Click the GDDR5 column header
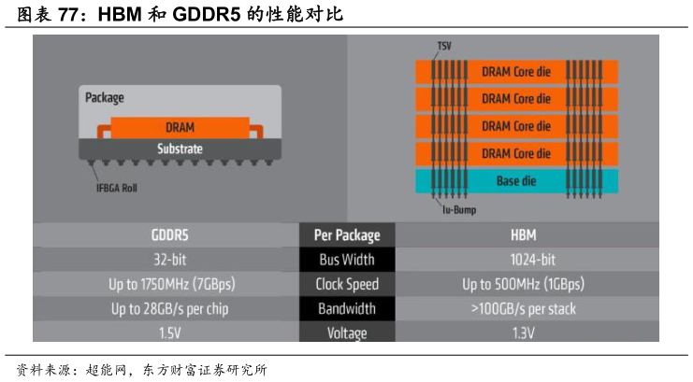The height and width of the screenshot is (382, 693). (x=166, y=234)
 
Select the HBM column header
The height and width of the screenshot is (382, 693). (x=524, y=234)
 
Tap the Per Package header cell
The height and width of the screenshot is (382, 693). (x=347, y=234)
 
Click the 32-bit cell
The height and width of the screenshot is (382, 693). (x=166, y=259)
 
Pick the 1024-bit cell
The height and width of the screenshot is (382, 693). (x=524, y=259)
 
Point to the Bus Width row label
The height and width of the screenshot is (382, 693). (x=347, y=259)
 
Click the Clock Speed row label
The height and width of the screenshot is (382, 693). (x=347, y=284)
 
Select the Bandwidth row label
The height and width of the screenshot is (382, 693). (x=347, y=308)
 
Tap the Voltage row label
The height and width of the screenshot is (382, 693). (x=347, y=332)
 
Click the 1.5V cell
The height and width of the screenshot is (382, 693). (x=166, y=332)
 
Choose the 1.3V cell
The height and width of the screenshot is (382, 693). (x=524, y=332)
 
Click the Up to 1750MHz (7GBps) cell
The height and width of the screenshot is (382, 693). (x=166, y=284)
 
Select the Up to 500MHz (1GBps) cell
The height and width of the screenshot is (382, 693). (x=524, y=284)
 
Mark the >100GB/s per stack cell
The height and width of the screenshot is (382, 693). (x=524, y=308)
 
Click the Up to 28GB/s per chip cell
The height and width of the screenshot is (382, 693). (x=166, y=308)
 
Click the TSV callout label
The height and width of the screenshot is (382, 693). (x=444, y=46)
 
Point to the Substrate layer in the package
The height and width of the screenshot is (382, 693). (x=180, y=149)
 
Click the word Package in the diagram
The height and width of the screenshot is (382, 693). (x=105, y=97)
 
